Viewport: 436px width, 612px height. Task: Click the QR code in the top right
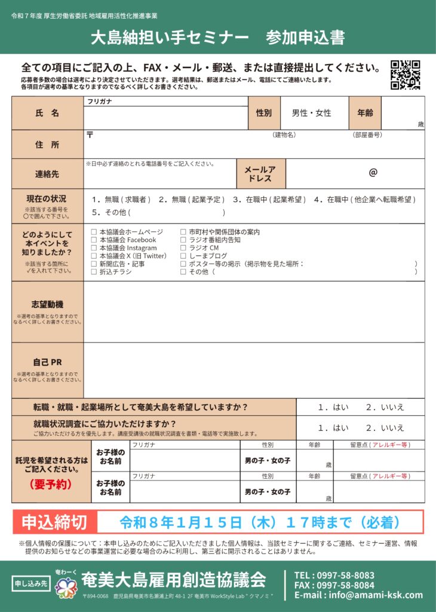tap(406, 75)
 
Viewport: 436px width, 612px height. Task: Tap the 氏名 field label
tap(47, 113)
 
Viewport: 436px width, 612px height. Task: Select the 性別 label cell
tap(264, 113)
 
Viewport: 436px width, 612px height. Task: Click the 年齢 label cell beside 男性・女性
tap(365, 113)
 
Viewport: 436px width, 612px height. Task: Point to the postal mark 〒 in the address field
tap(90, 135)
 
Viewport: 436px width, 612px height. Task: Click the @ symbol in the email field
tap(373, 173)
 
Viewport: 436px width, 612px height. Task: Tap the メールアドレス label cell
tap(260, 174)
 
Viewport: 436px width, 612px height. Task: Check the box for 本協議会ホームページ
tap(94, 232)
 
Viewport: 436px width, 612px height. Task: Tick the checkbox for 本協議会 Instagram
tap(94, 248)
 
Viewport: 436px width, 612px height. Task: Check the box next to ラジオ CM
tap(183, 248)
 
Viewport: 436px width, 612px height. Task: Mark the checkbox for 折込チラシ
tap(94, 272)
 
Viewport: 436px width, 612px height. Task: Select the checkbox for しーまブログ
tap(183, 256)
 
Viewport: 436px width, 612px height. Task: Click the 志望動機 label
tap(47, 305)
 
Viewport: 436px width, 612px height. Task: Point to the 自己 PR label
tap(47, 362)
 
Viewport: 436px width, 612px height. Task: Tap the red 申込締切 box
tap(54, 522)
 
